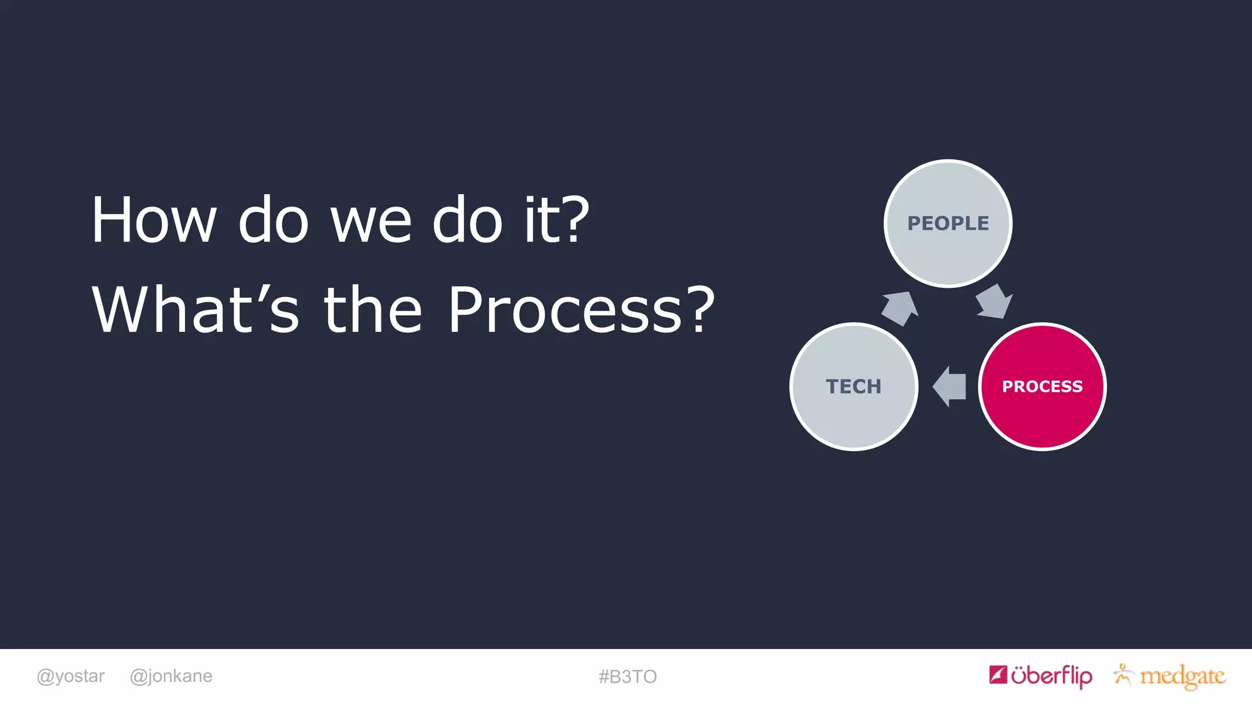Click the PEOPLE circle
[948, 224]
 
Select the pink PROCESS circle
[1042, 387]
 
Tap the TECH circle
[853, 387]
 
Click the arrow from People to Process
[993, 302]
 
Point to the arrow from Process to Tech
[950, 386]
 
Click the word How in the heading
[153, 221]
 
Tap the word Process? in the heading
[581, 310]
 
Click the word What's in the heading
[196, 310]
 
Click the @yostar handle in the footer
[70, 676]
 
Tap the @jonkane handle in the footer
[171, 676]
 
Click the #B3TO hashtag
[627, 676]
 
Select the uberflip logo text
[1051, 676]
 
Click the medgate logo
[1182, 676]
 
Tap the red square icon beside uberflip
[998, 675]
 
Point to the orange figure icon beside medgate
[1123, 674]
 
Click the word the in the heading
[372, 310]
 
